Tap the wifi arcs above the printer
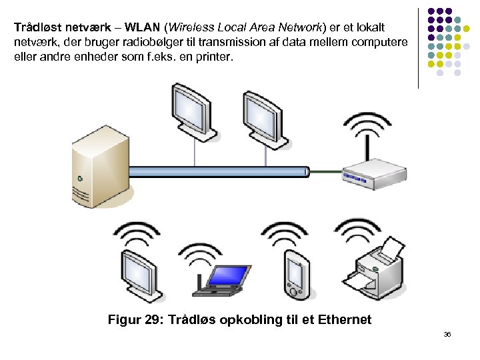pos(360,230)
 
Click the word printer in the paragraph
pos(213,57)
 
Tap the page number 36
pos(447,333)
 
